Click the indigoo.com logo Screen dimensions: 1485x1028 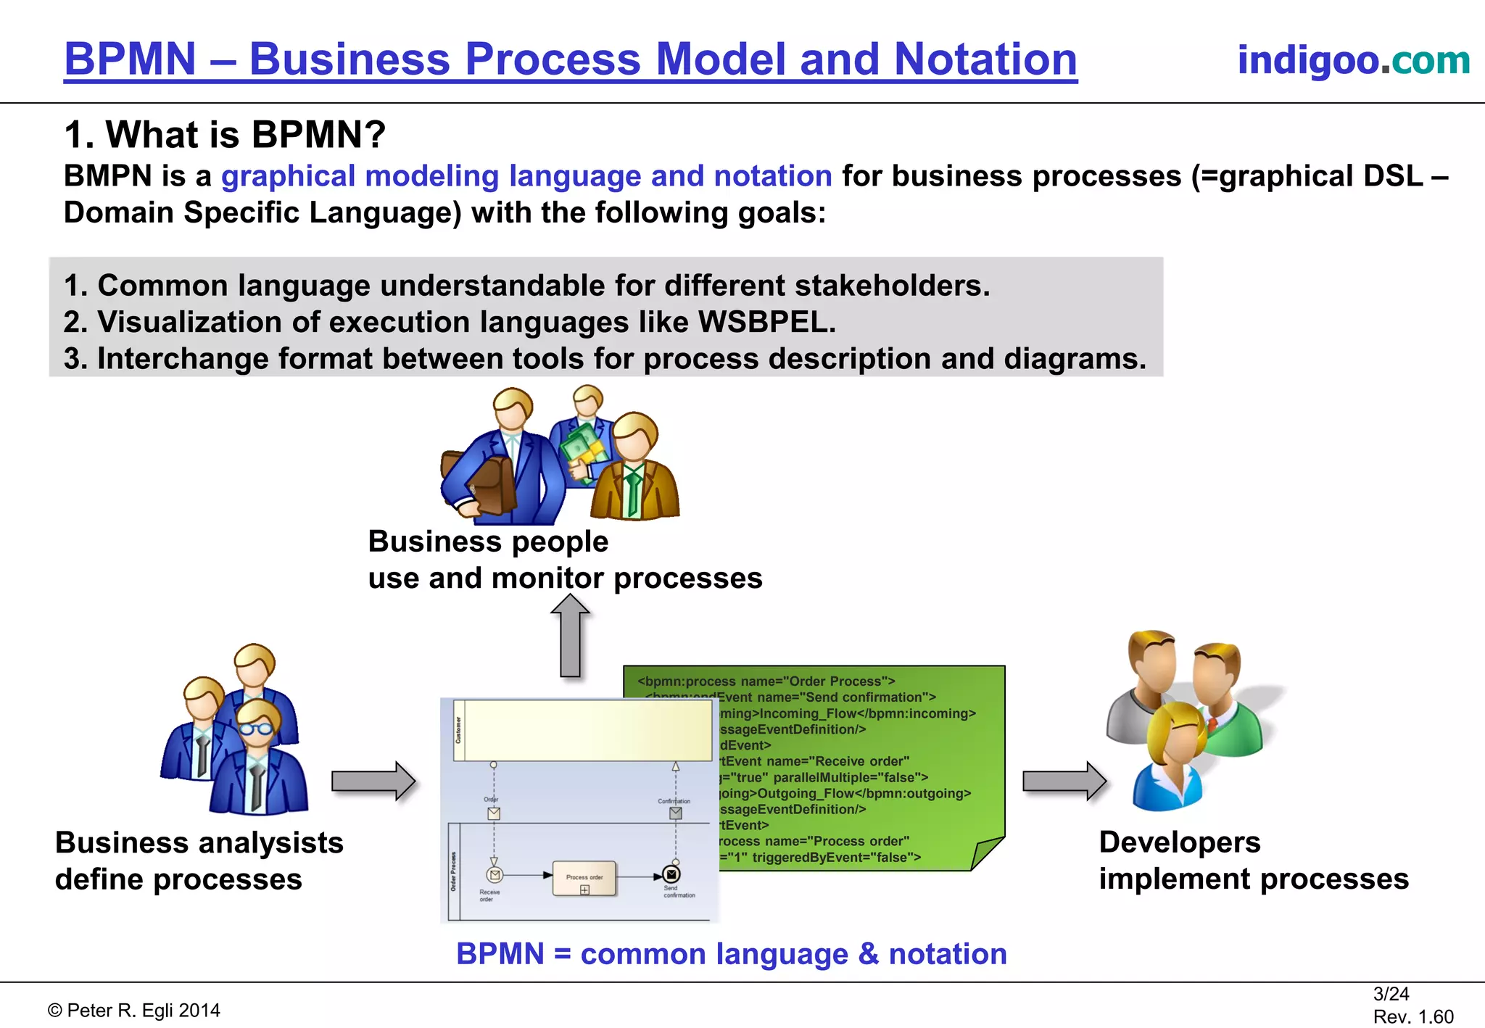1353,60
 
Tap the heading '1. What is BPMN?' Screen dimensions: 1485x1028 225,135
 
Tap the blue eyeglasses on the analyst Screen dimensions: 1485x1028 256,728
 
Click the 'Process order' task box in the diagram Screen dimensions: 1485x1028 584,879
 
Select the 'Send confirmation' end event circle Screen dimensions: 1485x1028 671,875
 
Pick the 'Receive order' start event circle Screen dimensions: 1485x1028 495,875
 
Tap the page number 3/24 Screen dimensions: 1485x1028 1391,994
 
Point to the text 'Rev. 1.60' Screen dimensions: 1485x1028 1413,1016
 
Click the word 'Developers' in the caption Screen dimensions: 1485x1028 1180,842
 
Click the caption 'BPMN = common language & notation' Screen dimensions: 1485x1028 732,954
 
